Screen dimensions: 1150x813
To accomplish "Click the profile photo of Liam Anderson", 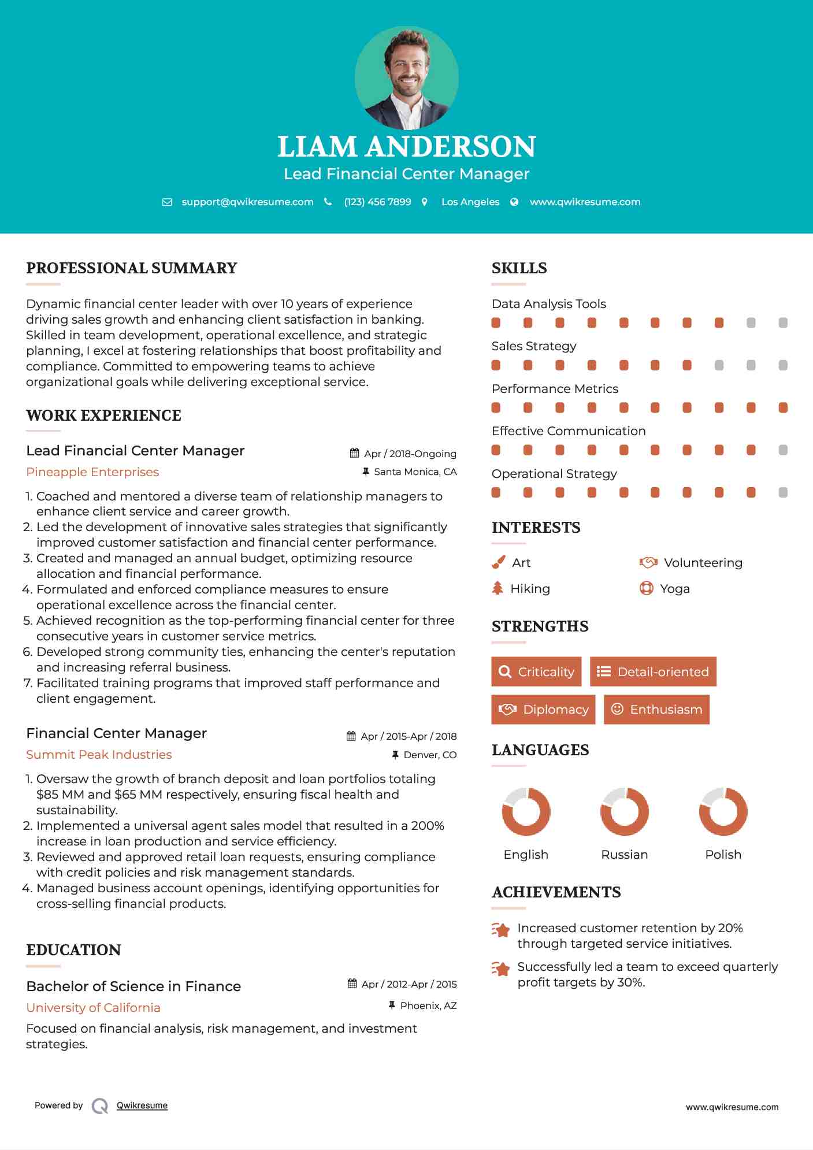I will coord(406,77).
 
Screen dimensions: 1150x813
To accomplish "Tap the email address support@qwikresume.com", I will coord(247,202).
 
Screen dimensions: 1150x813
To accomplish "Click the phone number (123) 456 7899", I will coord(377,202).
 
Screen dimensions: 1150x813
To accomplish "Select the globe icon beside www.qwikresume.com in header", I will coord(514,202).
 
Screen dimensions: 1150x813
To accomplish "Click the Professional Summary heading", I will coord(132,268).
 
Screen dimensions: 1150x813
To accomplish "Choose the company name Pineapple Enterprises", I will coord(92,472).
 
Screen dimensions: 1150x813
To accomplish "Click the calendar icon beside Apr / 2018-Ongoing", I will coord(355,453).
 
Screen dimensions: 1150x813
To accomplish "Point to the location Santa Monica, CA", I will coord(415,472).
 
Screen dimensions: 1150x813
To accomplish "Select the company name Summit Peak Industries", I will coord(99,755).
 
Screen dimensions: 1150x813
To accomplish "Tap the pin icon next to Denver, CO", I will coord(395,755).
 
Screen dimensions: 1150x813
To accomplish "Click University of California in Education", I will coord(93,1007).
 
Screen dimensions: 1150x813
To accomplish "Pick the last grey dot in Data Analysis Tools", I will coord(783,322).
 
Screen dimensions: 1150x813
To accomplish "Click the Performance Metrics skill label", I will coord(555,389).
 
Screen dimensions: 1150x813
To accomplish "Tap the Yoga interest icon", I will coord(646,588).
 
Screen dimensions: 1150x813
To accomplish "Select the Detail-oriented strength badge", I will coord(653,672).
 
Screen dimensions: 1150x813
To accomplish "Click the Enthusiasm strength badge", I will coord(656,709).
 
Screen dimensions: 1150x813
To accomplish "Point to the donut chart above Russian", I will coord(624,811).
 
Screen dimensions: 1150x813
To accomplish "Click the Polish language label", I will coord(723,854).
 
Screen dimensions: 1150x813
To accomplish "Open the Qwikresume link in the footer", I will coord(142,1106).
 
